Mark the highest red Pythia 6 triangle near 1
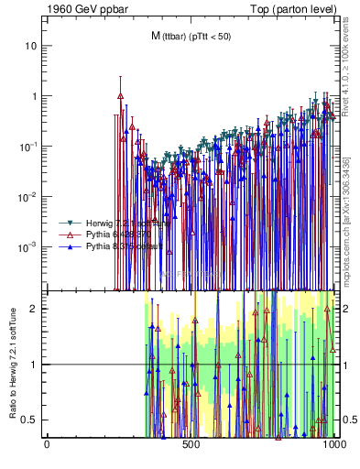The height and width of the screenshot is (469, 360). coord(120,94)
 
